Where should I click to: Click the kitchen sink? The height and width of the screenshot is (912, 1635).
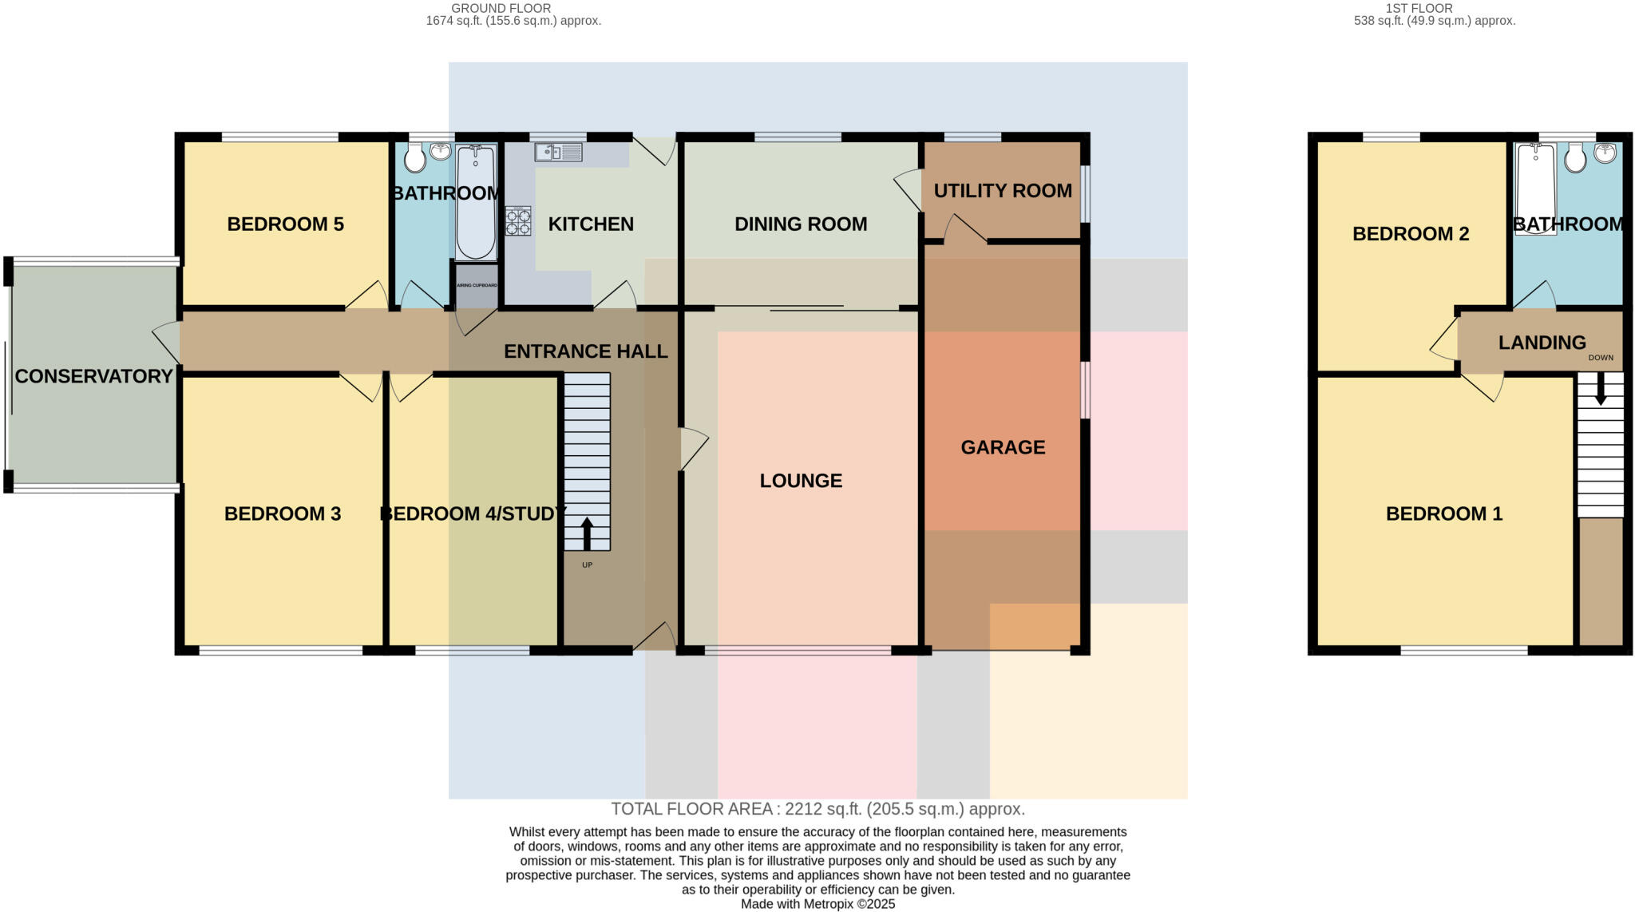pos(558,152)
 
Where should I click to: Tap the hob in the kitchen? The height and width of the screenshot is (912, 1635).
pos(518,221)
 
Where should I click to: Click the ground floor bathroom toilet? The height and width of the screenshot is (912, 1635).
pos(414,159)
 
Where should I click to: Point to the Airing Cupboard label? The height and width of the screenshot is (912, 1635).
pos(477,285)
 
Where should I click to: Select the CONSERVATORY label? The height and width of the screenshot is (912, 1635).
pos(93,376)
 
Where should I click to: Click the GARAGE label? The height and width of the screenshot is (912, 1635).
pos(1003,447)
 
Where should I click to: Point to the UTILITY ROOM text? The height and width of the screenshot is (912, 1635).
pos(1003,191)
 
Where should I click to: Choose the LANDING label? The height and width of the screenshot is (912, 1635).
pos(1542,343)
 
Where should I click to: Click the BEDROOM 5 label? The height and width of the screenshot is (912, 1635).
pos(285,224)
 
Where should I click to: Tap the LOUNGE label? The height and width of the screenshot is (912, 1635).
pos(801,481)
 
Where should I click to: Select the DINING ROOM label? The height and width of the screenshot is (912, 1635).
pos(801,224)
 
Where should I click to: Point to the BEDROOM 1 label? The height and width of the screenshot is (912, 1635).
pos(1443,513)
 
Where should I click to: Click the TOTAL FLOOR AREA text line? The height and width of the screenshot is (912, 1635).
pos(817,809)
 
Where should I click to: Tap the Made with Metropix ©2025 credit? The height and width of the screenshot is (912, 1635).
pos(817,904)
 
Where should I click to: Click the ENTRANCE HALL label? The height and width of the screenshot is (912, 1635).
pos(585,351)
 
